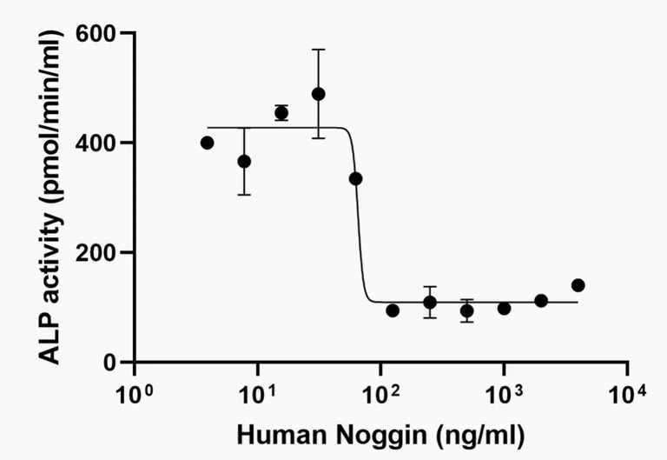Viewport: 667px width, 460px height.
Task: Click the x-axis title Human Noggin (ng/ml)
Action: [x=380, y=433]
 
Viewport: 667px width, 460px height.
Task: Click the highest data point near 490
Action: [x=319, y=94]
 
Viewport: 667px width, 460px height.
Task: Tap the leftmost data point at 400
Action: [x=207, y=143]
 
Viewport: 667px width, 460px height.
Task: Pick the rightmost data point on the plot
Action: [x=578, y=285]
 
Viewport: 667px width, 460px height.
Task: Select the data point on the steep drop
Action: [x=355, y=178]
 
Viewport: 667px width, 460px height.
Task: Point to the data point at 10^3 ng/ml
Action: [x=504, y=308]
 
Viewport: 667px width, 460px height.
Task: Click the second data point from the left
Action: [x=244, y=161]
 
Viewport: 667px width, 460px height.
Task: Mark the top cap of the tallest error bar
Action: [x=319, y=50]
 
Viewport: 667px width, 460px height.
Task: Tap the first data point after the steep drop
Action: [x=393, y=310]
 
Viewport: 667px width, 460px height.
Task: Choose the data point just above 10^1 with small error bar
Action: [x=281, y=113]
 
